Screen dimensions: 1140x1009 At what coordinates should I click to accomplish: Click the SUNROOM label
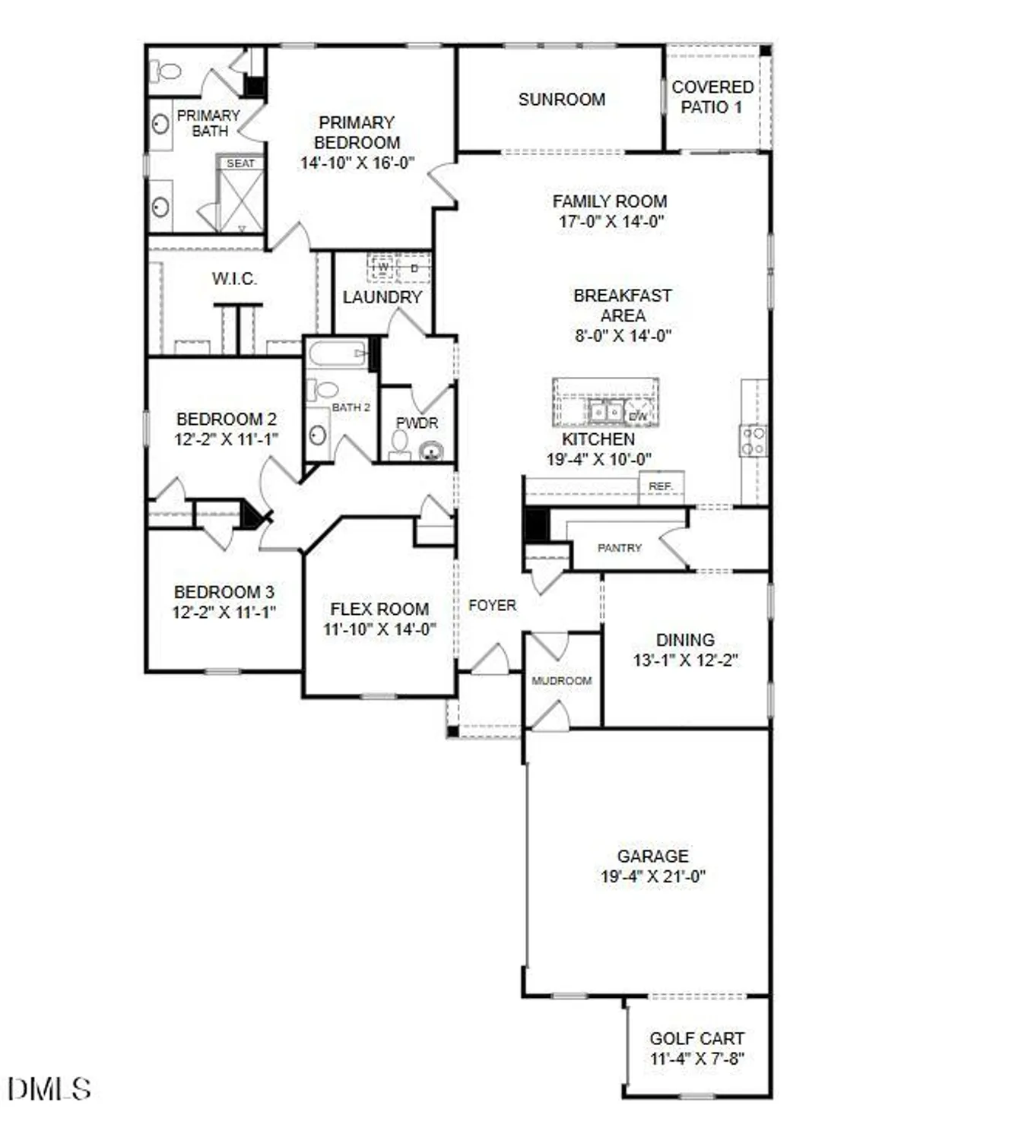[561, 100]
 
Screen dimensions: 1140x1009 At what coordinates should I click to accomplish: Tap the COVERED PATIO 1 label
[712, 97]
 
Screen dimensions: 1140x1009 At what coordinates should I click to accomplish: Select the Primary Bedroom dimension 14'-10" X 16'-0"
[357, 163]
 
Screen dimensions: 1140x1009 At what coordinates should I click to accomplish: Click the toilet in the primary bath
[167, 71]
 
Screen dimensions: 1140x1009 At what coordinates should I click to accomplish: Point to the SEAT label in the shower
[240, 163]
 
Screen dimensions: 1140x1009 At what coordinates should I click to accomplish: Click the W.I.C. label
[234, 279]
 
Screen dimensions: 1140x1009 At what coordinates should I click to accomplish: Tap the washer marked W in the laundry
[382, 268]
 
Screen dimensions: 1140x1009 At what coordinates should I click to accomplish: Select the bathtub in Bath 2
[338, 354]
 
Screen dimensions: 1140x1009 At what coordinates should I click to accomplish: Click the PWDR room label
[417, 423]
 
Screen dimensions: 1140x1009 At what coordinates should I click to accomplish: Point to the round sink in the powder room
[431, 452]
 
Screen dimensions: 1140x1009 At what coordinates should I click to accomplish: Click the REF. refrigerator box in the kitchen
[661, 486]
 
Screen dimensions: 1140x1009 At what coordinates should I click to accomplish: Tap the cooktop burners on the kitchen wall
[753, 441]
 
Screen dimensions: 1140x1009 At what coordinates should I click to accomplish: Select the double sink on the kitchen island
[606, 412]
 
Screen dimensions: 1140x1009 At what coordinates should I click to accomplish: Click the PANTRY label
[619, 547]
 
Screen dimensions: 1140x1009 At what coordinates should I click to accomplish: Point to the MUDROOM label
[561, 680]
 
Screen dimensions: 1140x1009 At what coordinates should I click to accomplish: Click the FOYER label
[492, 605]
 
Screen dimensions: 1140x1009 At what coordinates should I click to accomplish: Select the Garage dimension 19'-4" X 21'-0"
[652, 876]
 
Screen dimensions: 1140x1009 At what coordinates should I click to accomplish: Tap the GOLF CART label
[696, 1038]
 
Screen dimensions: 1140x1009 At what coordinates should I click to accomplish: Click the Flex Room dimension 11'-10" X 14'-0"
[379, 629]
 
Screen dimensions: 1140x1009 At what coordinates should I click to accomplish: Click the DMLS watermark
[49, 1088]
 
